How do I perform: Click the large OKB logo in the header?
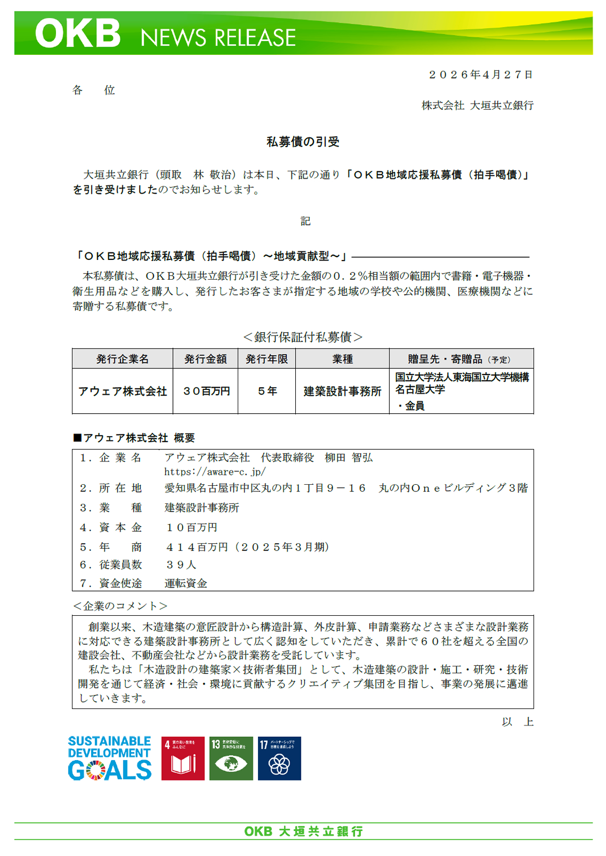point(78,34)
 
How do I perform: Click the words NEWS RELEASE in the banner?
point(218,38)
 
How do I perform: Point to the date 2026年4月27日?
point(481,75)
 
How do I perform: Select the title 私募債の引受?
point(303,142)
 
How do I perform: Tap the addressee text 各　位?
point(93,91)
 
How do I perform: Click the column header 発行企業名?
point(122,359)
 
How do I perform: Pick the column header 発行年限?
point(267,359)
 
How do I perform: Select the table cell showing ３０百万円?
point(206,391)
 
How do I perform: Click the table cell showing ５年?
point(267,391)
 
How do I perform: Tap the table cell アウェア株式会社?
point(122,391)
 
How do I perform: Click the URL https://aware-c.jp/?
point(215,472)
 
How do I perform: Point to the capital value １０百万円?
point(192,528)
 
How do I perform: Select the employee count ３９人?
point(181,565)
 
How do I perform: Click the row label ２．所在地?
point(110,488)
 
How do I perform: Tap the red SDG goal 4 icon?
point(183,758)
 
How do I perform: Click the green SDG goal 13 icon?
point(231,758)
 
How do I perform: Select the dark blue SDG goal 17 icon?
point(279,758)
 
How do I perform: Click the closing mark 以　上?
point(517,722)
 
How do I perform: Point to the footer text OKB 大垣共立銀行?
point(304,831)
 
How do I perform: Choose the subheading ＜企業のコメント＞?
point(120,606)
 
